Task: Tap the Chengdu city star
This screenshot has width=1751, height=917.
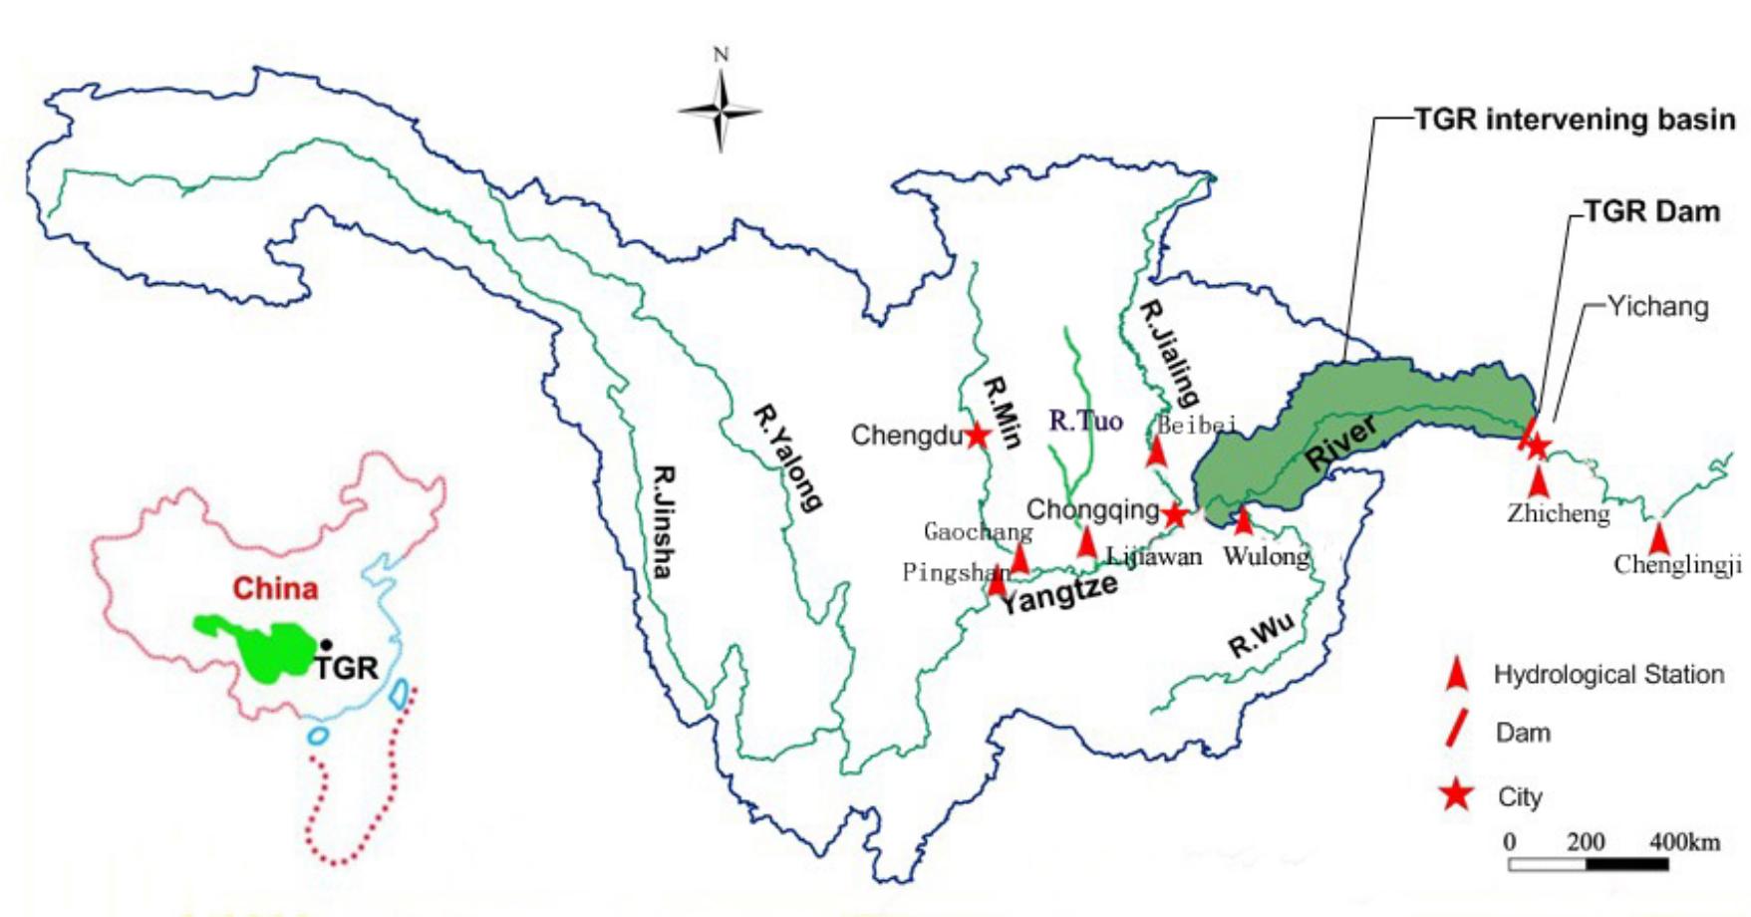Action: [x=977, y=436]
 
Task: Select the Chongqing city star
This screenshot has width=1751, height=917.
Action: [x=1175, y=514]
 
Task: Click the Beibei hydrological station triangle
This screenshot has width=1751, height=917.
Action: [x=1156, y=452]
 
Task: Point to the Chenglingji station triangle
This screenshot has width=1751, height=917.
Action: [x=1658, y=539]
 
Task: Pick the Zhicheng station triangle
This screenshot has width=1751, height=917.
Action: [x=1540, y=482]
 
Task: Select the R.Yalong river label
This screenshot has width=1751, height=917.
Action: [x=788, y=458]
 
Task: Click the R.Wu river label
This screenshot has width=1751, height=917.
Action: [x=1262, y=637]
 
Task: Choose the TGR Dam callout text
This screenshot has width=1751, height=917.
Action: [x=1652, y=211]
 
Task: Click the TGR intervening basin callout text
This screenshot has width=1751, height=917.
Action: [x=1575, y=120]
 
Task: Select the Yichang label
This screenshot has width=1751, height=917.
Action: [x=1657, y=306]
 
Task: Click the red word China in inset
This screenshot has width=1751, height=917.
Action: [x=275, y=588]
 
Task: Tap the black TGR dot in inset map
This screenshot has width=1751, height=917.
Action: [x=326, y=645]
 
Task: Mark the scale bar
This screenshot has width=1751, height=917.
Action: [x=1588, y=863]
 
